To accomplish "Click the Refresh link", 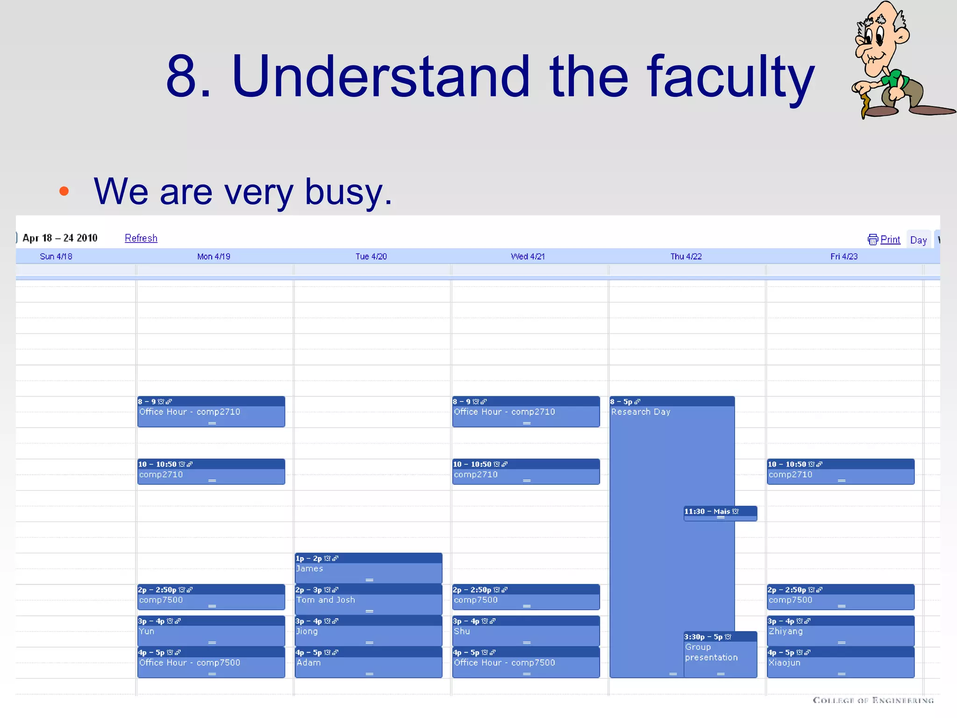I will (x=141, y=238).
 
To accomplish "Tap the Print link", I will (x=890, y=240).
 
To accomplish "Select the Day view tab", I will (x=918, y=240).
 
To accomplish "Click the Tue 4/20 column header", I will (x=371, y=257).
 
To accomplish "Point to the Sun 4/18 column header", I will (x=56, y=257).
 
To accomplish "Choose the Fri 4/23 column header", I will (x=843, y=257).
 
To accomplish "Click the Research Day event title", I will (x=641, y=412).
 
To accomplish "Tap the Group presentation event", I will (x=711, y=653).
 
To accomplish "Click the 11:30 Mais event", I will (x=720, y=512).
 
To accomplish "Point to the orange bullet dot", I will (x=64, y=191).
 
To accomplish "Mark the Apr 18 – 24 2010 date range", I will (x=60, y=238).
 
